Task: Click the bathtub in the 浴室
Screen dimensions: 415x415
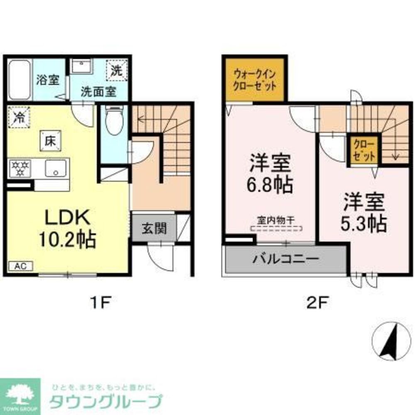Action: [20, 79]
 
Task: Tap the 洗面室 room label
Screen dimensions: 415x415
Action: [98, 92]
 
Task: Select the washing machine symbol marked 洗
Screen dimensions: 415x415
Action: [117, 70]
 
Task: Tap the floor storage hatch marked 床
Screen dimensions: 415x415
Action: [50, 140]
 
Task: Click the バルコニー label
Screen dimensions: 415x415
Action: [286, 259]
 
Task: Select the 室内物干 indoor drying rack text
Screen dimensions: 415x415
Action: [276, 220]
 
